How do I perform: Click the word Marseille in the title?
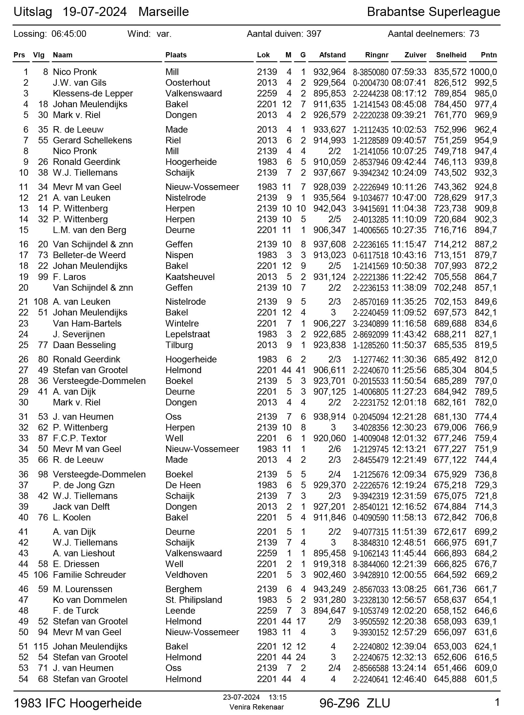tap(163, 12)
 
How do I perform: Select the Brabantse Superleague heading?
tap(433, 12)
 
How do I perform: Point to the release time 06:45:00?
tap(69, 34)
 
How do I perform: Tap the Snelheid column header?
tap(451, 55)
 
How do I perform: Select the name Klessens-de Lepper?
tap(93, 94)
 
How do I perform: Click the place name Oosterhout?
tap(188, 83)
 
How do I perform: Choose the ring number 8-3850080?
tap(371, 72)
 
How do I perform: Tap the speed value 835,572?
tap(450, 72)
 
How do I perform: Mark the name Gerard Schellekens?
tap(92, 140)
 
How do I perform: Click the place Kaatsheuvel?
tap(190, 277)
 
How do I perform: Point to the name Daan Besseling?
tap(84, 345)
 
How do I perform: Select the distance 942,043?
tap(329, 209)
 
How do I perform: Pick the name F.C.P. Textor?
tap(80, 438)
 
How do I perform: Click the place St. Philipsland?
tap(193, 600)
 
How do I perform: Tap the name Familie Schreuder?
tap(89, 575)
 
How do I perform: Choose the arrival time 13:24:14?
tap(409, 668)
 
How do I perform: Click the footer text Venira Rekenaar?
tap(256, 707)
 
